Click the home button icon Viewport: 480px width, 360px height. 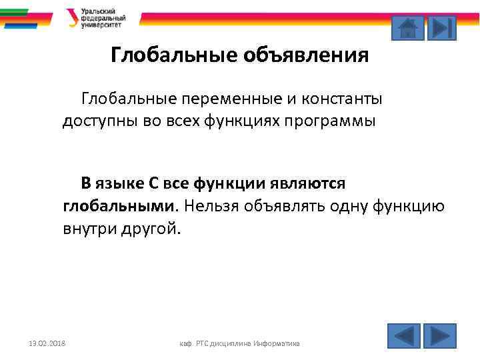point(407,28)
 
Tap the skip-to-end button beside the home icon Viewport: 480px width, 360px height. point(441,28)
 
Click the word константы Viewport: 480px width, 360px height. point(345,100)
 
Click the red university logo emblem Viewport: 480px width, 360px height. point(71,18)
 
